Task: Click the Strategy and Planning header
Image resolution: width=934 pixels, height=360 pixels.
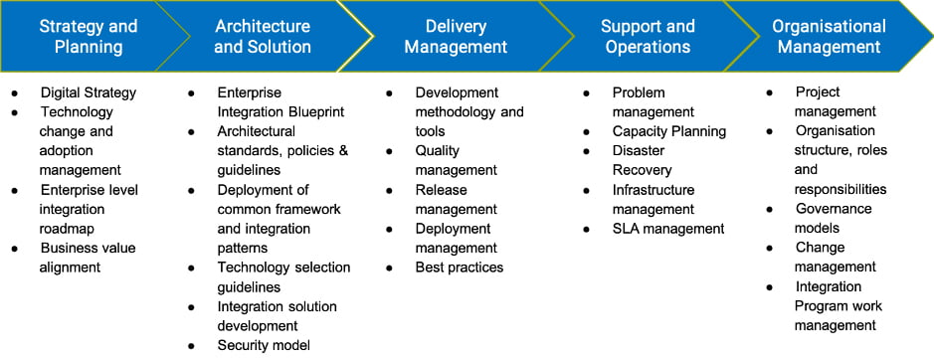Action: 89,37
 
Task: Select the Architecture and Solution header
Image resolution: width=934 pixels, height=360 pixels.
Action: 263,37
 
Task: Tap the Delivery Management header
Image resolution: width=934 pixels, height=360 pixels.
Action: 456,37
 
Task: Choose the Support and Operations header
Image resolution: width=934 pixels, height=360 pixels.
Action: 648,37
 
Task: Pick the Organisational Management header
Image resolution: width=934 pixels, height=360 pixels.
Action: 830,37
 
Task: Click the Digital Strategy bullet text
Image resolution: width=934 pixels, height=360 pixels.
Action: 89,92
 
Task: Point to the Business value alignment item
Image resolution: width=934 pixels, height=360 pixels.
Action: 88,258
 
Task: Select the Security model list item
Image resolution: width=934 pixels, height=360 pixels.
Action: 264,345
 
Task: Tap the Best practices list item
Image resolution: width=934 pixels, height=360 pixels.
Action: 460,268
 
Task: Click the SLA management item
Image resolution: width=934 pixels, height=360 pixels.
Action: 668,229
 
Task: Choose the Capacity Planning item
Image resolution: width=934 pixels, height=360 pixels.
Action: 669,131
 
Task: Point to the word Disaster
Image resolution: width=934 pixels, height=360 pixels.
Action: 639,151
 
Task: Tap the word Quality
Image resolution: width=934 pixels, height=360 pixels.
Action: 438,151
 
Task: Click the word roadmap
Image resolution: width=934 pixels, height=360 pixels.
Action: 67,229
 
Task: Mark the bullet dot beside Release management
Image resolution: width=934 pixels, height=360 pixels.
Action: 389,191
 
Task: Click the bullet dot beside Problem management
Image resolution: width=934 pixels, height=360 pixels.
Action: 587,93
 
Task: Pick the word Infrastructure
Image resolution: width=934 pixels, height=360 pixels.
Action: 654,190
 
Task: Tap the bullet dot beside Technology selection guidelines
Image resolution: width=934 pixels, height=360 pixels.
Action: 191,269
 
